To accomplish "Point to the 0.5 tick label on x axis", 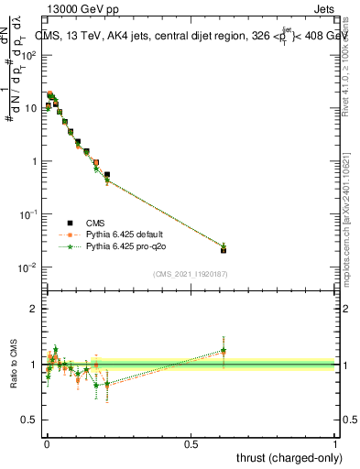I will [191, 444].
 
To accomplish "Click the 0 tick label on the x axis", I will [46, 444].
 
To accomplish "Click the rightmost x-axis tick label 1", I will [335, 444].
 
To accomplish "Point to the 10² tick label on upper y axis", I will [29, 55].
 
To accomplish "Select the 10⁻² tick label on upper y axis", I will [29, 267].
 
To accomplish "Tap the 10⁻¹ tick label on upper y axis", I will [29, 214].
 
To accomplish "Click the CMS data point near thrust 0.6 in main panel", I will [224, 249].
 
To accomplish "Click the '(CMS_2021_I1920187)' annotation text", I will [191, 274].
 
